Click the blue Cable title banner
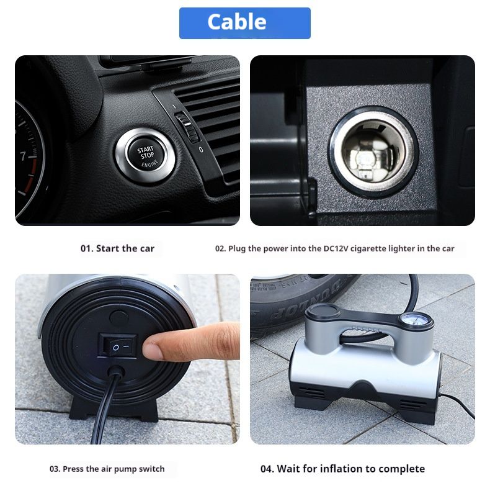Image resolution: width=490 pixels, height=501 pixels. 244,23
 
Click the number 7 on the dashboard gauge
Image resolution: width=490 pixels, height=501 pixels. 24,156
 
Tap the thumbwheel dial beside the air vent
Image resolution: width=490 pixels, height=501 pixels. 187,127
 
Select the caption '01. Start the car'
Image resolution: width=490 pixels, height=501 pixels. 117,248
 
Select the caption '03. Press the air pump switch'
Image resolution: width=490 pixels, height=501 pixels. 107,469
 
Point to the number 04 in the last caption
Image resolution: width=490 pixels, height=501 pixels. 267,469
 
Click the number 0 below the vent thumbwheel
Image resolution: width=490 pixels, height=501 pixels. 200,150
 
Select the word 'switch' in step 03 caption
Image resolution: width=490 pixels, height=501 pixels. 153,469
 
